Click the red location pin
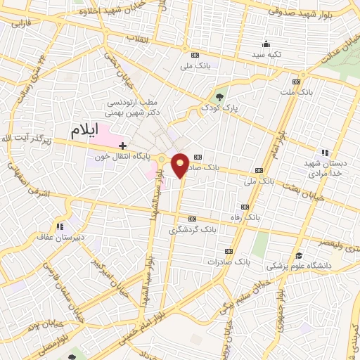point(180,165)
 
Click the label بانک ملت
point(314,92)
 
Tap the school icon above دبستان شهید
point(324,153)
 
